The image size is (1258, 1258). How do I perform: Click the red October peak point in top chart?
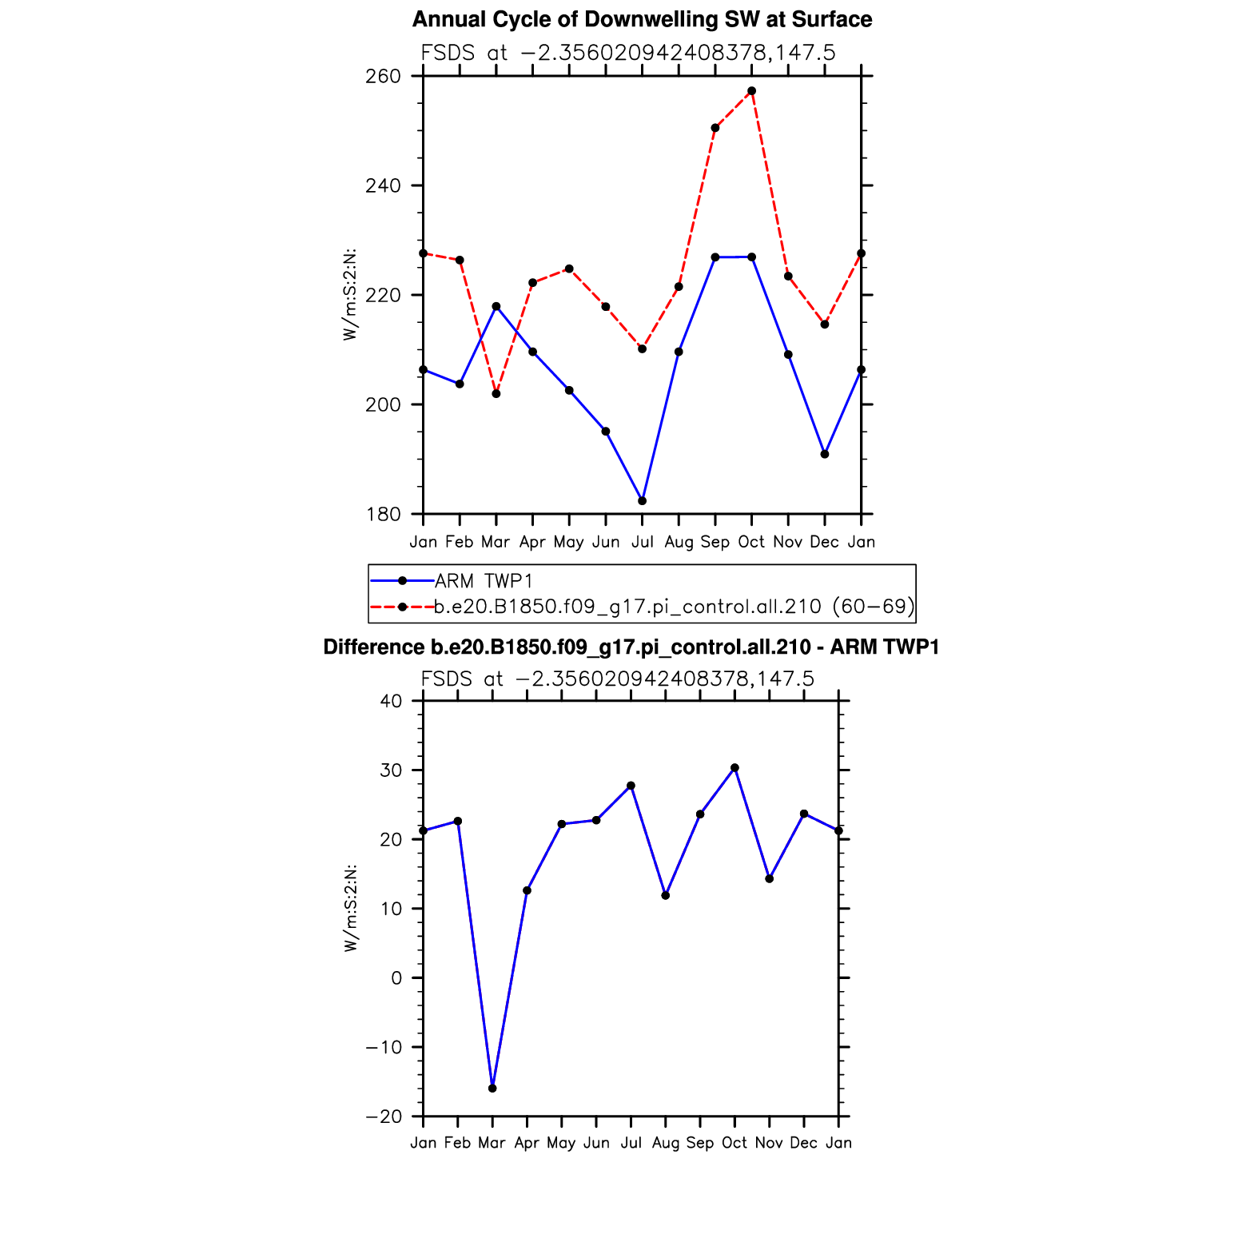tap(751, 91)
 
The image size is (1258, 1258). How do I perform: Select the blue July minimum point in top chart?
tap(642, 501)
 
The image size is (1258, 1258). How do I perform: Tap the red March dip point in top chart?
tap(496, 394)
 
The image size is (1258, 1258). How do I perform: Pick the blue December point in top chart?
tap(825, 454)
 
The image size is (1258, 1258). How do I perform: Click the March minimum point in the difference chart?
tap(492, 1089)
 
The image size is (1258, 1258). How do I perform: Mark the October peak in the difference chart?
tap(734, 768)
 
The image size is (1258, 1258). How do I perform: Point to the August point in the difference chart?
tap(666, 895)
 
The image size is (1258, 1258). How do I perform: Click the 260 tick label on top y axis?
tap(384, 77)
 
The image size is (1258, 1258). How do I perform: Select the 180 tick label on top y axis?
tap(384, 515)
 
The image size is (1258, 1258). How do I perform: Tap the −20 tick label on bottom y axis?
tap(383, 1117)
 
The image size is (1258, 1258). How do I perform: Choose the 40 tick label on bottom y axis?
tap(391, 702)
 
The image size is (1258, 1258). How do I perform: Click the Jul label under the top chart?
tap(642, 543)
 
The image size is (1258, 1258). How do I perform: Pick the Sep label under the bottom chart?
tap(700, 1144)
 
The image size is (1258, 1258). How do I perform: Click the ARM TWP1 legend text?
tap(484, 581)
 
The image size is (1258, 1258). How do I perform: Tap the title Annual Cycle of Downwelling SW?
tap(642, 20)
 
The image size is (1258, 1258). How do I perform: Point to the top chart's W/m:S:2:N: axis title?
tap(350, 295)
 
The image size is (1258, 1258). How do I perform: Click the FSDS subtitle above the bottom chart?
tap(617, 679)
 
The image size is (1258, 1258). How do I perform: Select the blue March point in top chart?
tap(496, 306)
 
